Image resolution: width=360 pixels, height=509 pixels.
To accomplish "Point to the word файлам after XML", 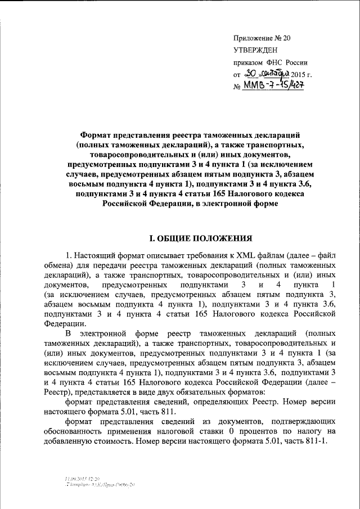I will point(267,256).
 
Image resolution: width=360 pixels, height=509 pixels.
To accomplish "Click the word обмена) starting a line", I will point(58,266).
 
